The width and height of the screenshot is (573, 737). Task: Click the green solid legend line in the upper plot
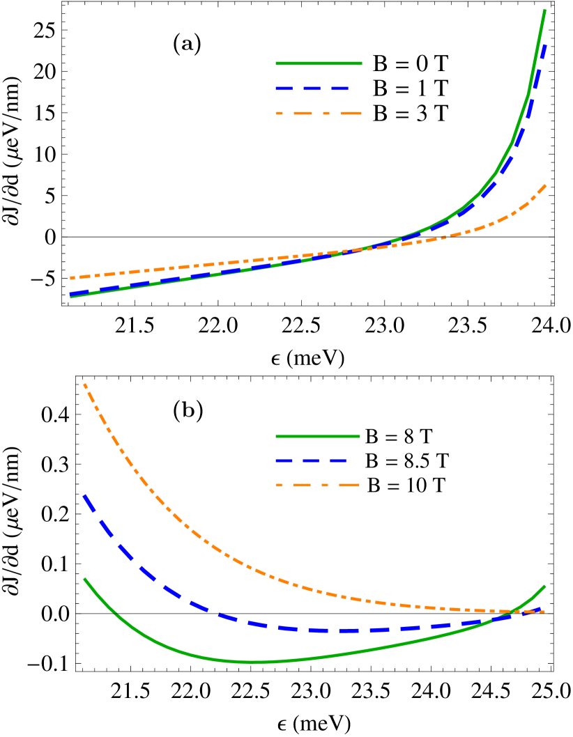pyautogui.click(x=319, y=63)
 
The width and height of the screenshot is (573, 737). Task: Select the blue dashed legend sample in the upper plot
pyautogui.click(x=312, y=88)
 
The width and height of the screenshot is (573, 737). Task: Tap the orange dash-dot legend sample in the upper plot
pyautogui.click(x=319, y=113)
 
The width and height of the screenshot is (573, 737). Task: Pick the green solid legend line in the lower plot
pyautogui.click(x=318, y=437)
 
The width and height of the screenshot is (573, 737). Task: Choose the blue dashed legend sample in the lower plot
pyautogui.click(x=311, y=460)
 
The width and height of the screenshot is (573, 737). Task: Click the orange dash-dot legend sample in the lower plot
pyautogui.click(x=318, y=485)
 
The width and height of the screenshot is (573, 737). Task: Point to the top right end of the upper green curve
pyautogui.click(x=544, y=10)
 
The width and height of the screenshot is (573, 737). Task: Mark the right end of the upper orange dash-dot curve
pyautogui.click(x=546, y=185)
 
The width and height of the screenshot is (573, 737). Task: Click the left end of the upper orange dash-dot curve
pyautogui.click(x=70, y=278)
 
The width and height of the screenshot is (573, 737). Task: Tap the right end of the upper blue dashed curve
pyautogui.click(x=545, y=45)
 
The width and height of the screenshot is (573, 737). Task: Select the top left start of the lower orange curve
pyautogui.click(x=84, y=384)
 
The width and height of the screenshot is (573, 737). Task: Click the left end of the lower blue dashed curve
pyautogui.click(x=84, y=495)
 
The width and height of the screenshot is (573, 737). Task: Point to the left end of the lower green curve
pyautogui.click(x=84, y=578)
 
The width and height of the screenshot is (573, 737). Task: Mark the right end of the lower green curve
pyautogui.click(x=544, y=587)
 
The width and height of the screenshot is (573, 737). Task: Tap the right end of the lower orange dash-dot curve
pyautogui.click(x=544, y=612)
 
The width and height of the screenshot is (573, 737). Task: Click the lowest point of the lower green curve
pyautogui.click(x=254, y=662)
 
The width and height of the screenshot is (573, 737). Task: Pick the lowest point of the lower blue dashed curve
pyautogui.click(x=342, y=630)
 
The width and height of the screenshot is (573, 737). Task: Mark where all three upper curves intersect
pyautogui.click(x=359, y=249)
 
